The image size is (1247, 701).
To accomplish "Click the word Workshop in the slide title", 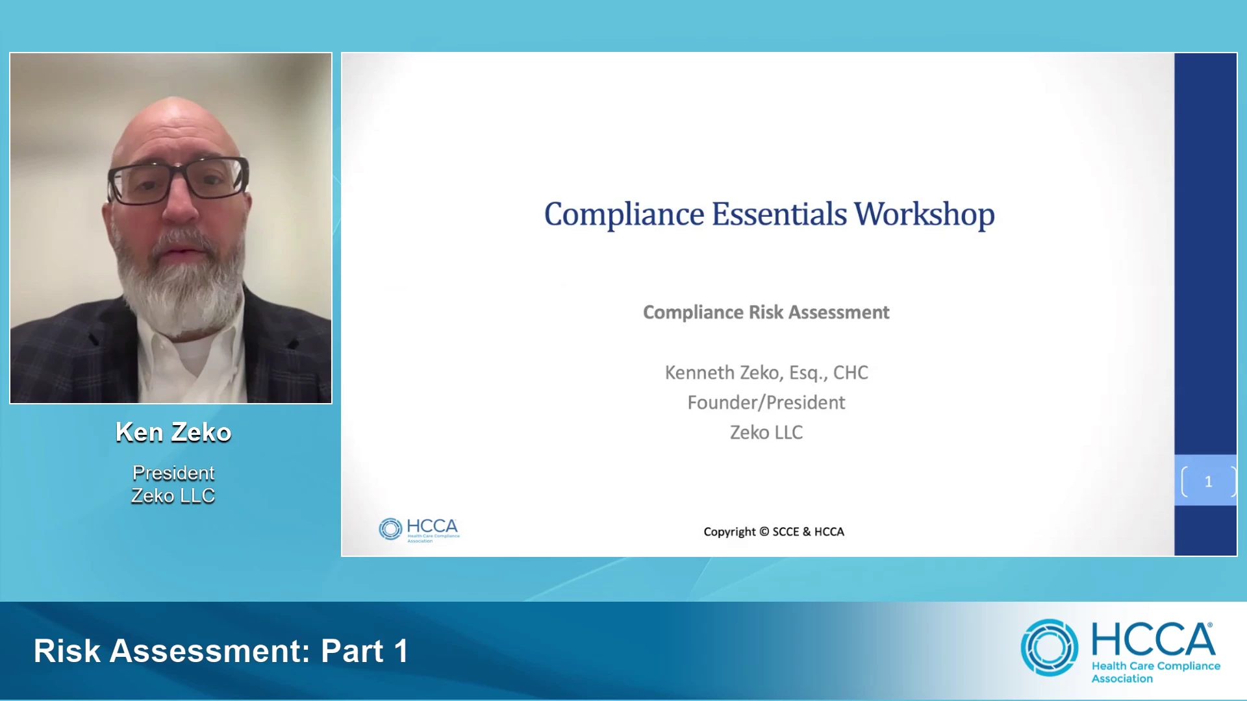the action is tap(924, 214).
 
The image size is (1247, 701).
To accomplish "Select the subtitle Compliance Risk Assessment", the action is tap(766, 312).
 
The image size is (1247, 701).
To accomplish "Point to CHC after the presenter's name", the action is tap(851, 373).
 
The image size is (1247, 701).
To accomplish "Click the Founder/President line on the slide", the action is tap(766, 402).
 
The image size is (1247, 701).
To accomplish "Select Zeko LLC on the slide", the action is tap(766, 432).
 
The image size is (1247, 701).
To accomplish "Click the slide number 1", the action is tap(1209, 482).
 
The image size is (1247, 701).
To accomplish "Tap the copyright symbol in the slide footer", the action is tap(764, 532).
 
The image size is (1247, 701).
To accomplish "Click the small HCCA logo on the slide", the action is tap(419, 530).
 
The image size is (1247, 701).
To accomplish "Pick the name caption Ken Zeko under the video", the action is tap(173, 432).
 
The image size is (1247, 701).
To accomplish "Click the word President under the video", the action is tap(173, 473).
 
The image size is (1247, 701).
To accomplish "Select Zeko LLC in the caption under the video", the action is tap(173, 496).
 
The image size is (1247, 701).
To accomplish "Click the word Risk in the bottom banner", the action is tap(68, 651).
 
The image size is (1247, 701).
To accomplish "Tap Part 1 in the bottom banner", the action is tap(364, 651).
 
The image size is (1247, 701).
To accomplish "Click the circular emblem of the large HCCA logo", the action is tap(1050, 648).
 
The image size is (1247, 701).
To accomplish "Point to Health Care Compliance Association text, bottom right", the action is tap(1156, 672).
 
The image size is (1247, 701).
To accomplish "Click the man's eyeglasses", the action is tap(178, 177).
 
